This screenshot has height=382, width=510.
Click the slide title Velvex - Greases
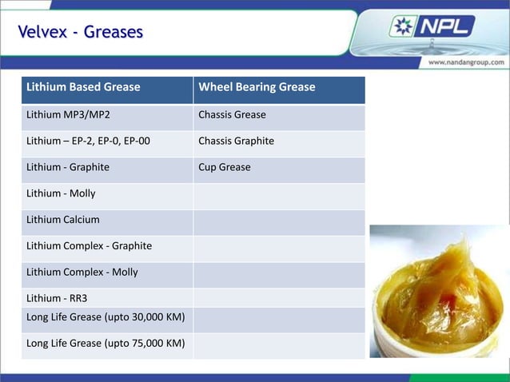[81, 32]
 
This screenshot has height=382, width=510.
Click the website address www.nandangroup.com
[466, 62]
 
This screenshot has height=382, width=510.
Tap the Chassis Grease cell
[232, 115]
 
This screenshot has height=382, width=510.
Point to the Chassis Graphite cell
[236, 141]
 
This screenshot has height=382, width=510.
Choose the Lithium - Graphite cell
[68, 168]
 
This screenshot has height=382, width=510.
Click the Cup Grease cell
[225, 168]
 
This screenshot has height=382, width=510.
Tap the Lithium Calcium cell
[63, 220]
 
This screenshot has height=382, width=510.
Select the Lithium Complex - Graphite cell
[89, 246]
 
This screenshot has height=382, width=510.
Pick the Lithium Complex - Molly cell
[82, 273]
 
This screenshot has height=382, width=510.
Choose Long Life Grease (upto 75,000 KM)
[106, 344]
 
